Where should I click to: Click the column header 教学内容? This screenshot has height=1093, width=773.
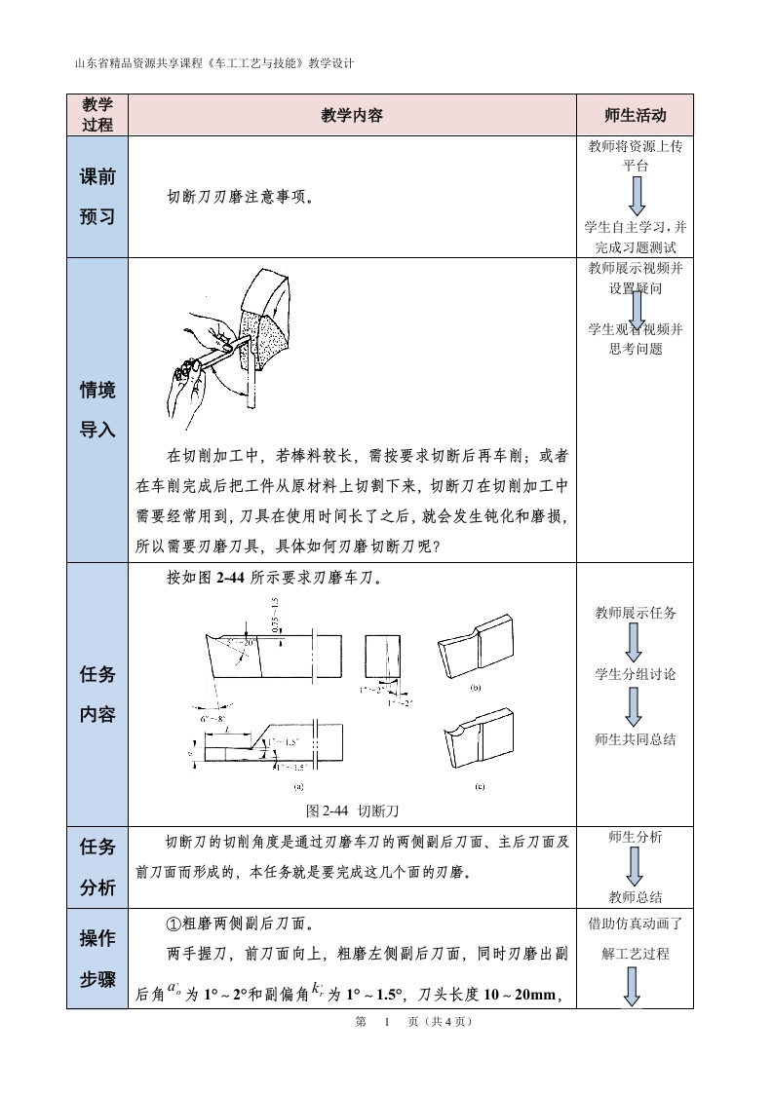352,115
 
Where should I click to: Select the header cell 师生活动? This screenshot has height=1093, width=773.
635,115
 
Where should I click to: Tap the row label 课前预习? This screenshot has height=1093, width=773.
97,197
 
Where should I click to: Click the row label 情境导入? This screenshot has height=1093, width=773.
97,409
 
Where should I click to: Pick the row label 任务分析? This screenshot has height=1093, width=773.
97,867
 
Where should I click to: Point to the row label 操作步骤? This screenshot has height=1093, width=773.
97,959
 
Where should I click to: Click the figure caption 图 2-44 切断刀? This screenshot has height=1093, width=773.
353,810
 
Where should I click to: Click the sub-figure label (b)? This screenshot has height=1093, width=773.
477,687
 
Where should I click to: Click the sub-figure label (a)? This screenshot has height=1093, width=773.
298,785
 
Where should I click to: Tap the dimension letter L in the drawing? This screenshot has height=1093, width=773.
226,730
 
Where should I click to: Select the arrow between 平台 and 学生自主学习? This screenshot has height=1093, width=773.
636,195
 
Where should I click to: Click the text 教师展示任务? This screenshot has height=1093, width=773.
636,613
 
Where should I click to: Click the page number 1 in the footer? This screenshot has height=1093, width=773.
387,1022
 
